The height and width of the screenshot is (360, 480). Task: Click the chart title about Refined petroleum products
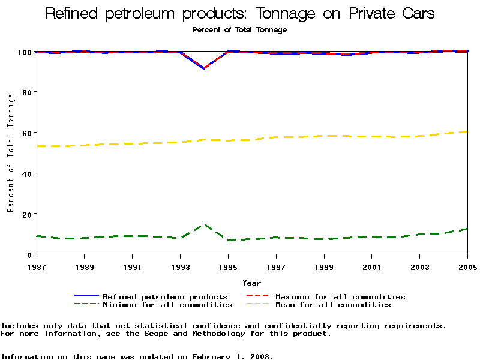point(240,14)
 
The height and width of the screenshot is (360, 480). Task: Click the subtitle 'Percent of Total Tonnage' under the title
point(239,29)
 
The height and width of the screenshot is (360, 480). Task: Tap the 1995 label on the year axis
point(227,266)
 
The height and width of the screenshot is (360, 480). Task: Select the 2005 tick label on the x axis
point(467,266)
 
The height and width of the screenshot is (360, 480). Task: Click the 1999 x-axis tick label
point(323,266)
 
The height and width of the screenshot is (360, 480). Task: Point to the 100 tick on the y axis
point(25,52)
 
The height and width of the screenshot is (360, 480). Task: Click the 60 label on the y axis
point(27,133)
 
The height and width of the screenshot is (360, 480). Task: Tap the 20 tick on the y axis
point(27,214)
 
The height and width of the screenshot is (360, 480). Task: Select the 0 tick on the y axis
point(29,254)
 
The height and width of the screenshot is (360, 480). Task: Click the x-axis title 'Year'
point(251,283)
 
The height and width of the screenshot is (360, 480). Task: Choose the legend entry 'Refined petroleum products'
point(165,296)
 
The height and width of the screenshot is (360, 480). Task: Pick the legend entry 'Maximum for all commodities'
point(340,296)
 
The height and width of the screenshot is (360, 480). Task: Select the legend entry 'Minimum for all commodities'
point(167,305)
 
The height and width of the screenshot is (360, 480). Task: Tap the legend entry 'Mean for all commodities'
point(333,305)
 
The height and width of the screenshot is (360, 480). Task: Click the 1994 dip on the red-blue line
point(204,68)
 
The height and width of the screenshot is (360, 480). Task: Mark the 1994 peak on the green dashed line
point(204,225)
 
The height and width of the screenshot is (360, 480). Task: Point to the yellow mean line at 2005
point(467,131)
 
